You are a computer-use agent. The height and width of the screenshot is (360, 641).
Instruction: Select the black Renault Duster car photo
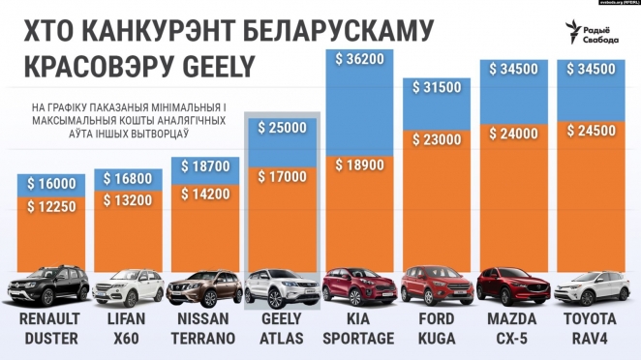(x=48, y=286)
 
